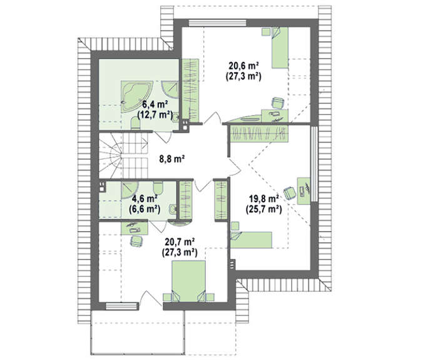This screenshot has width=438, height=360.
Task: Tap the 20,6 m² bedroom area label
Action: coord(243,66)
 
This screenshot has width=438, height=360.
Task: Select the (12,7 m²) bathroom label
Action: coord(155,115)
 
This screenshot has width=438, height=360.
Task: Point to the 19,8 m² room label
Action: coord(263,198)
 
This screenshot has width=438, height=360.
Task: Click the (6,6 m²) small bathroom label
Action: coord(145,209)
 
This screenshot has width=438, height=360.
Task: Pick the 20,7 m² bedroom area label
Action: coord(180,242)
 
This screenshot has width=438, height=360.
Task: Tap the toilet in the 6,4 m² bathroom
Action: coord(136,124)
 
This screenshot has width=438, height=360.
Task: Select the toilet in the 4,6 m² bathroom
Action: coord(158,187)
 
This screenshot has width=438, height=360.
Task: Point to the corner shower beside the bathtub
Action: coord(170,89)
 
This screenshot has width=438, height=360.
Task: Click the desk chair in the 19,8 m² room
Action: coord(290,193)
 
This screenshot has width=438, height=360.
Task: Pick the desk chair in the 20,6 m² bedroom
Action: coord(278,103)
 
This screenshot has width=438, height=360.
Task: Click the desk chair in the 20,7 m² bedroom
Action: coord(136,241)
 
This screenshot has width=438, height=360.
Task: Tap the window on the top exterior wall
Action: coord(218,23)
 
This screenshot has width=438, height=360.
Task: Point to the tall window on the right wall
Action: coord(314,163)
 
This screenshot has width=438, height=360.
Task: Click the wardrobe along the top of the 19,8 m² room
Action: coord(258,133)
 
